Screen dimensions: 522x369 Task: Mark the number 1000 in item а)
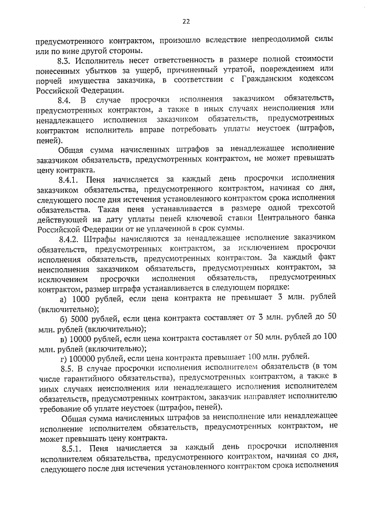[x=82, y=298]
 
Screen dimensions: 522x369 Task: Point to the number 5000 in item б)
[x=82, y=318]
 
